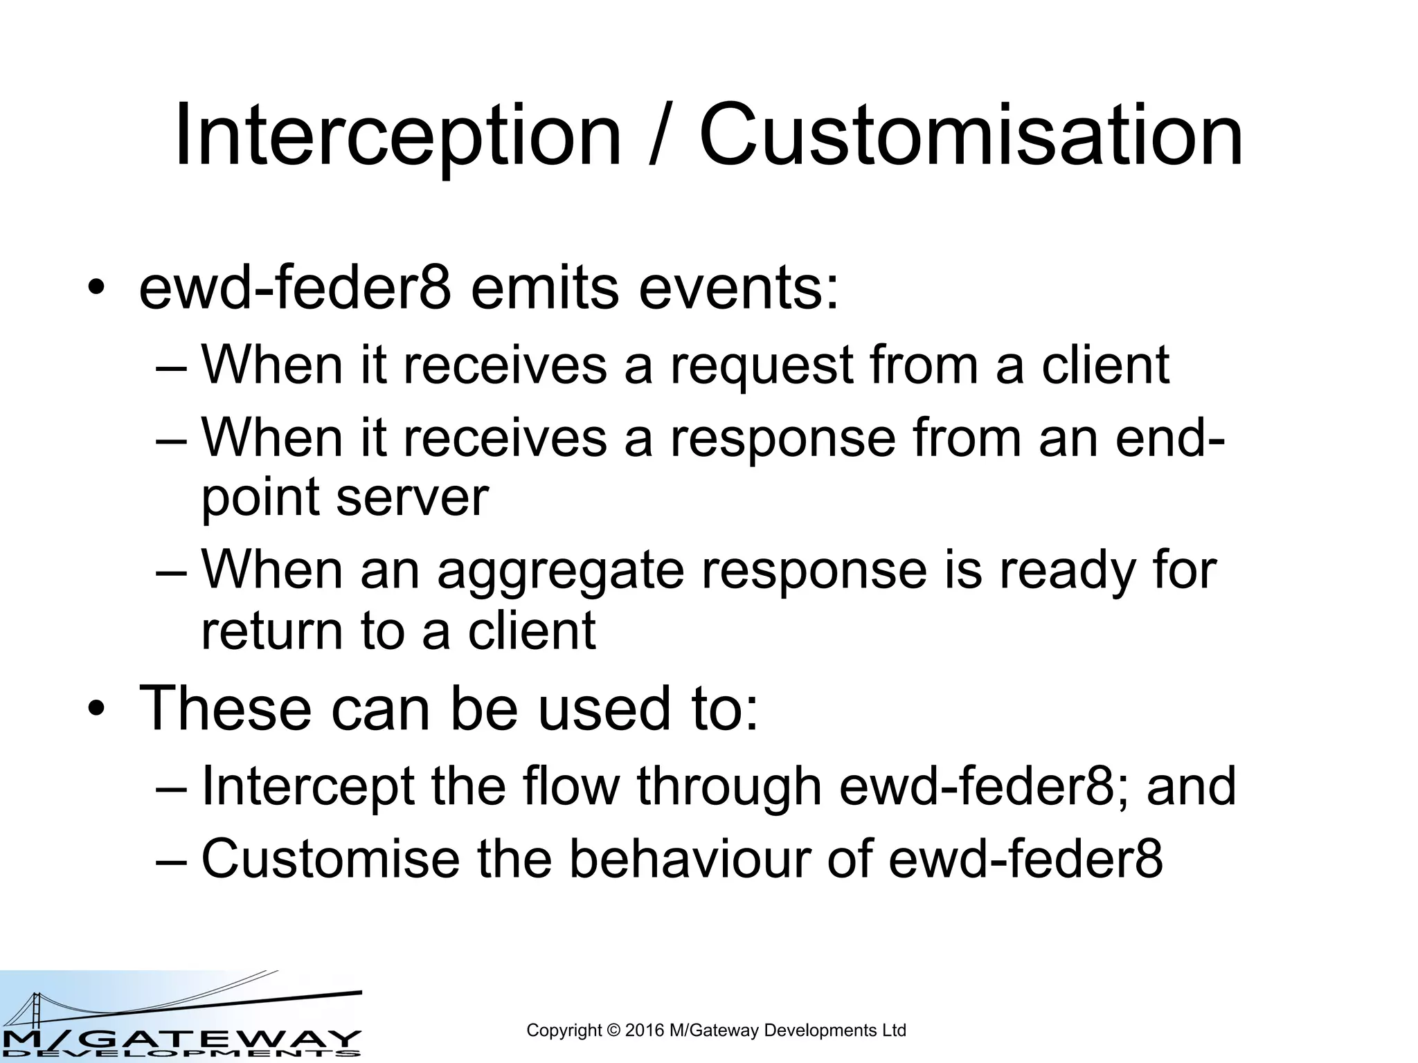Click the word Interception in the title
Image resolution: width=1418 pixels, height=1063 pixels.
(x=397, y=136)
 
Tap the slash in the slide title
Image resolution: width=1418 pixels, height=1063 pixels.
(x=661, y=136)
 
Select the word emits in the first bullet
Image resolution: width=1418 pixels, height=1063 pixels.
(x=544, y=289)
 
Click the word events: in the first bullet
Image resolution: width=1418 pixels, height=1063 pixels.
(x=738, y=289)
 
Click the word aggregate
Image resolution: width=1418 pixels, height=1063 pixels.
(x=560, y=572)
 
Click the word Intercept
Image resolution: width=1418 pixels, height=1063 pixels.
(x=307, y=787)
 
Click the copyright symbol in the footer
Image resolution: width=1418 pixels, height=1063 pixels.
(x=613, y=1030)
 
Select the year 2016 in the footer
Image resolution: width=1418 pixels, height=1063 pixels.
(x=645, y=1030)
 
